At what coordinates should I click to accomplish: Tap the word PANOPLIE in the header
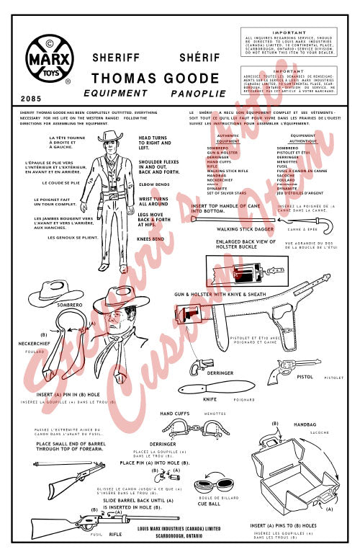click(x=194, y=94)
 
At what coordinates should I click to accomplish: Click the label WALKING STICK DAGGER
click(x=225, y=229)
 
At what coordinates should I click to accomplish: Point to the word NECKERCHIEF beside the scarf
click(x=38, y=344)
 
